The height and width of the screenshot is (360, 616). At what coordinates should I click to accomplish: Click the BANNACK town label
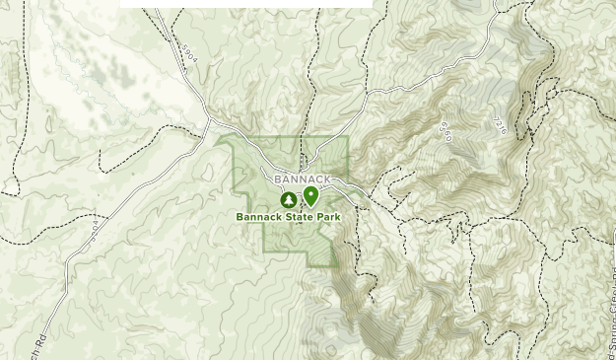pos(303,180)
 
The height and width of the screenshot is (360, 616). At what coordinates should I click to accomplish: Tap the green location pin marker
pos(310,195)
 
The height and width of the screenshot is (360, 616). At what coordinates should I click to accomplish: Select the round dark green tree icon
pos(289,200)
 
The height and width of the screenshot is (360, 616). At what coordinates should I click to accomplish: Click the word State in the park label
pos(300,217)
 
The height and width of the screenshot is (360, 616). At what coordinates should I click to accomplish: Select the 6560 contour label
pos(445,131)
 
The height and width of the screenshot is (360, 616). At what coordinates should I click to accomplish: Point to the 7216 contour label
pos(499,125)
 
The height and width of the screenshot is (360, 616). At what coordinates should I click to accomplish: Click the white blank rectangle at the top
pos(246,4)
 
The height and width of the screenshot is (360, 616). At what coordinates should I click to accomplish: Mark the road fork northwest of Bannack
pos(210,120)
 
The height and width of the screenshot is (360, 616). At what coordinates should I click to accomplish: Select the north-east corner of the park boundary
pos(348,137)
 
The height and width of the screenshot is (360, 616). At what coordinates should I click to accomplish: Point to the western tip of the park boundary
pos(218,139)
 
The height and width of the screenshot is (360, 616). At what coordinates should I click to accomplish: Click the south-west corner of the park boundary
pos(264,250)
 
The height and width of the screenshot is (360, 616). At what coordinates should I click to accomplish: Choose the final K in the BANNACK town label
pos(327,180)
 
